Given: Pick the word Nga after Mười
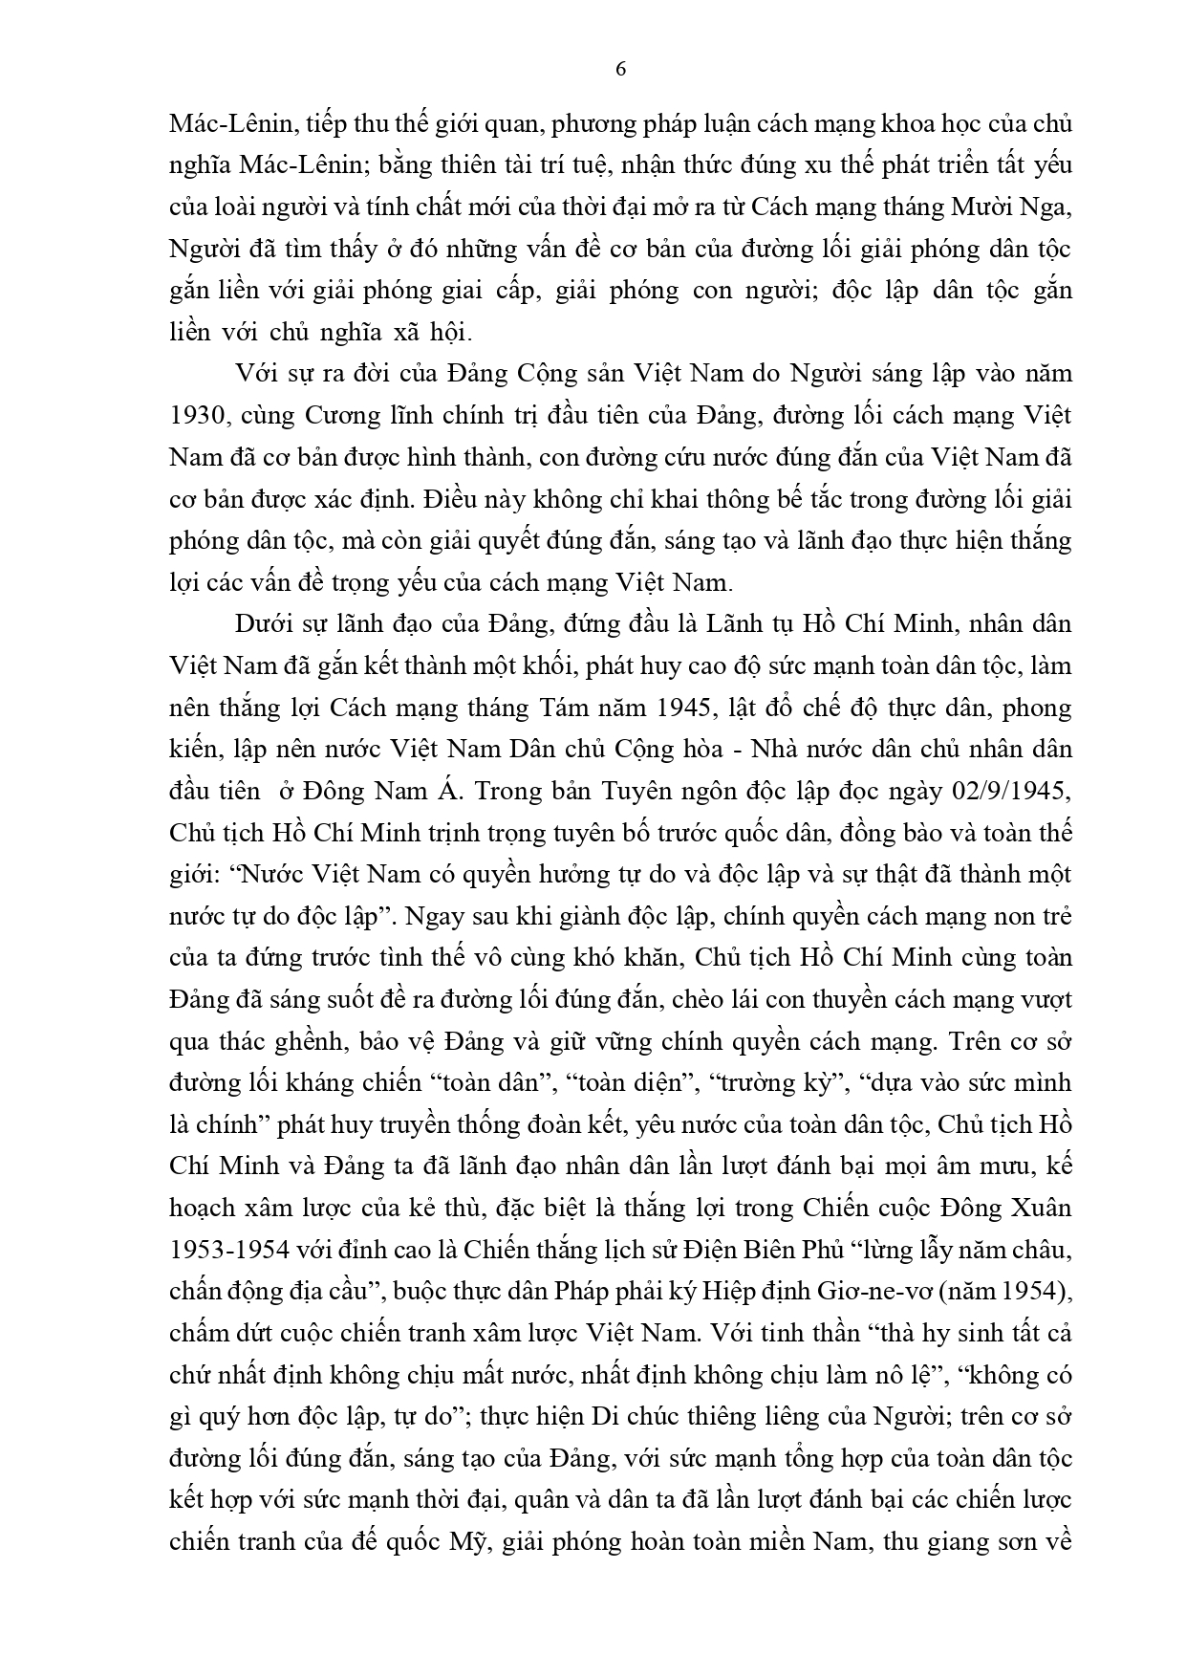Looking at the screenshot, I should click(1050, 207).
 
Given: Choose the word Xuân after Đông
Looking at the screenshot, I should click(1043, 1207).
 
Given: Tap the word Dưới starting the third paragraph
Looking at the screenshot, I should click(262, 624).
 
